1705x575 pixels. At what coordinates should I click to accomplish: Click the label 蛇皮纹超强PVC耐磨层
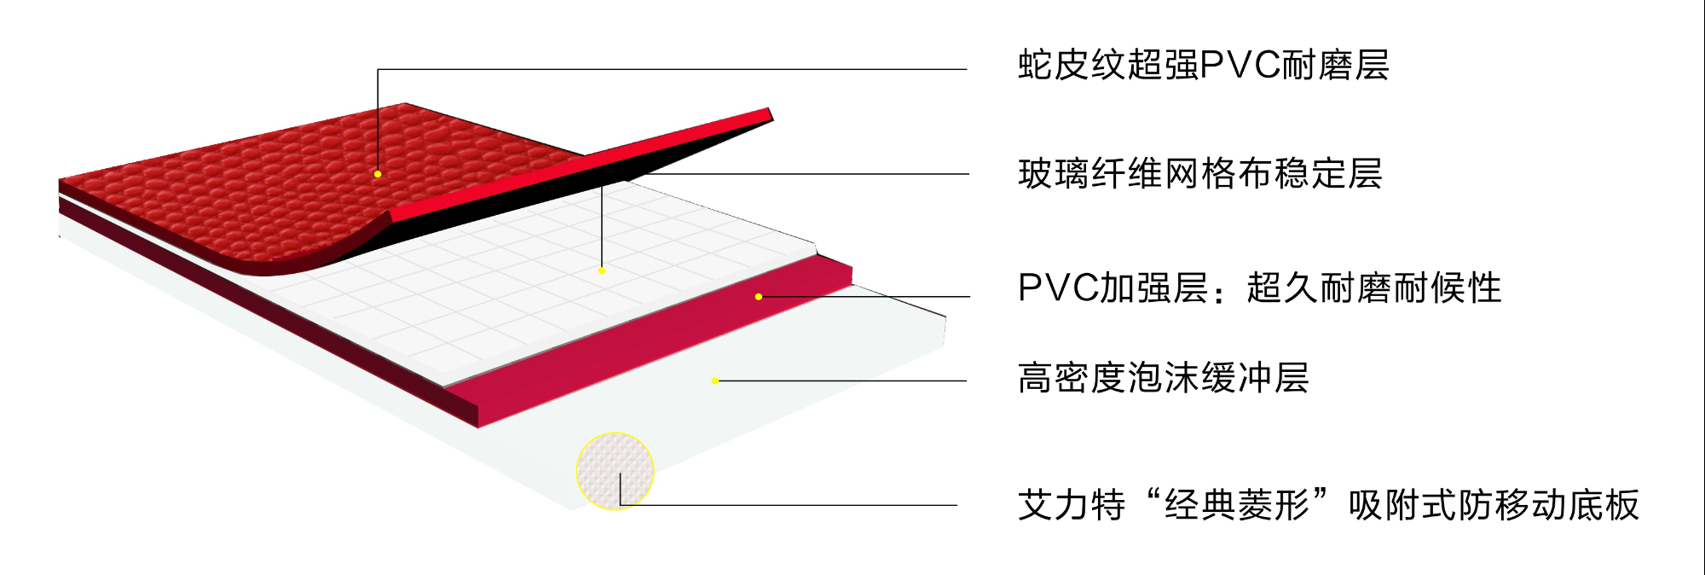pyautogui.click(x=1203, y=65)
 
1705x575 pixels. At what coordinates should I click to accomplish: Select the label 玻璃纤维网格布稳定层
pyautogui.click(x=1199, y=174)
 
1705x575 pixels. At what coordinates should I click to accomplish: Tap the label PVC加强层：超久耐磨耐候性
pyautogui.click(x=1259, y=288)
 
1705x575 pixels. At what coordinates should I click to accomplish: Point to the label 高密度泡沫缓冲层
pyautogui.click(x=1163, y=378)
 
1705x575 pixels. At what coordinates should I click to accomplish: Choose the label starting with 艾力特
pyautogui.click(x=1327, y=505)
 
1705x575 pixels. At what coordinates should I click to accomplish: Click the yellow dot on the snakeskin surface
pyautogui.click(x=378, y=174)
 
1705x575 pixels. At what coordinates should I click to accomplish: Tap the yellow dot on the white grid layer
pyautogui.click(x=602, y=270)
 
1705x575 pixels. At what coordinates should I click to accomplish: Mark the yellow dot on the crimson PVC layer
pyautogui.click(x=759, y=297)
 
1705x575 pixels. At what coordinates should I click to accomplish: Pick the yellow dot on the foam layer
pyautogui.click(x=715, y=380)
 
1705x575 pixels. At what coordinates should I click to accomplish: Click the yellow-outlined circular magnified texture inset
pyautogui.click(x=615, y=470)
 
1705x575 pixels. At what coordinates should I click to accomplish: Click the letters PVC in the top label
pyautogui.click(x=1241, y=65)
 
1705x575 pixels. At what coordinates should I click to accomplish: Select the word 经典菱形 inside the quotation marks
pyautogui.click(x=1237, y=505)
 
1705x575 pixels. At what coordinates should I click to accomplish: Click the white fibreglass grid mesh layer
pyautogui.click(x=511, y=290)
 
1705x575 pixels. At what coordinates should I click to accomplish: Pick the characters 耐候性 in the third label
pyautogui.click(x=1465, y=288)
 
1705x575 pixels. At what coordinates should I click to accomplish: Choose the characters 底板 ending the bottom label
pyautogui.click(x=1604, y=505)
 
